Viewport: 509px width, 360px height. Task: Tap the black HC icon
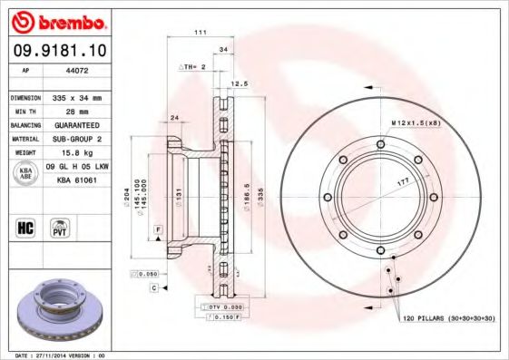[26, 227]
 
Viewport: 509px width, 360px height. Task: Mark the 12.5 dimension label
[240, 83]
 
